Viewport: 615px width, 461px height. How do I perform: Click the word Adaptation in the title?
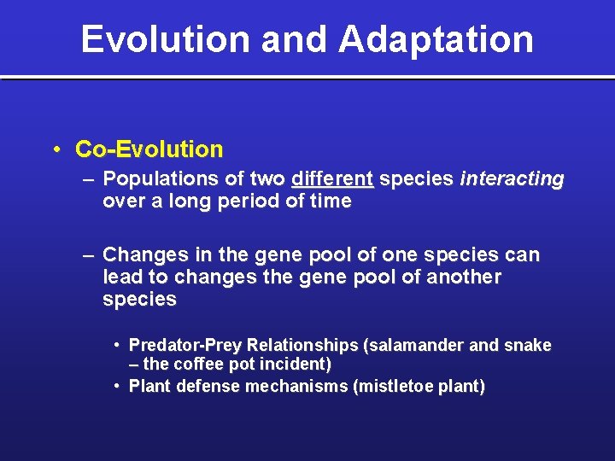click(x=436, y=40)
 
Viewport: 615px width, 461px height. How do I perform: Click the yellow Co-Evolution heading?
click(x=149, y=149)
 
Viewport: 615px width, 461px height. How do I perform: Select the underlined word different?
click(x=332, y=179)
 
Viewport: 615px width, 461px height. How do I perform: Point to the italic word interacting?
click(x=512, y=179)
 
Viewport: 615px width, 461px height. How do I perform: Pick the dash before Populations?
click(x=89, y=179)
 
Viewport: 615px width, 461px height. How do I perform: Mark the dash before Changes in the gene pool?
click(x=89, y=255)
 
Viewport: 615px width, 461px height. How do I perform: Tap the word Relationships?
click(x=299, y=346)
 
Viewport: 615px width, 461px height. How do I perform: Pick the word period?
click(x=247, y=201)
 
